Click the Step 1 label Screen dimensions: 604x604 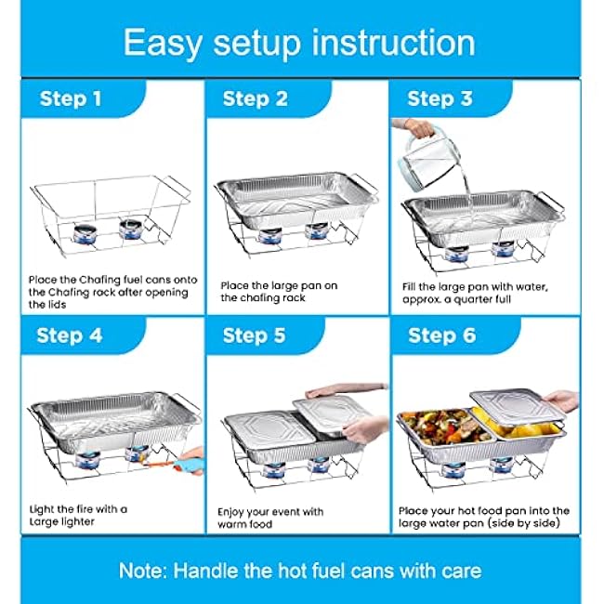pyautogui.click(x=71, y=98)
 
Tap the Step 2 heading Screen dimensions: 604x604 pyautogui.click(x=256, y=98)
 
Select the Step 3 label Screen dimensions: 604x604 pyautogui.click(x=440, y=98)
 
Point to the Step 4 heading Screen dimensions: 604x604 pyautogui.click(x=70, y=335)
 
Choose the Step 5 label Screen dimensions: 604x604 pyautogui.click(x=255, y=335)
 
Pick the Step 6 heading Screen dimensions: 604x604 pyautogui.click(x=442, y=335)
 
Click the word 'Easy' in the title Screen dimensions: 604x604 pyautogui.click(x=163, y=44)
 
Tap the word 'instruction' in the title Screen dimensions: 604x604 pyautogui.click(x=393, y=43)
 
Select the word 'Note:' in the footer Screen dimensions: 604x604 pyautogui.click(x=143, y=571)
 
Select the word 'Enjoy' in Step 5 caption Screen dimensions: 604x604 pyautogui.click(x=230, y=513)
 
